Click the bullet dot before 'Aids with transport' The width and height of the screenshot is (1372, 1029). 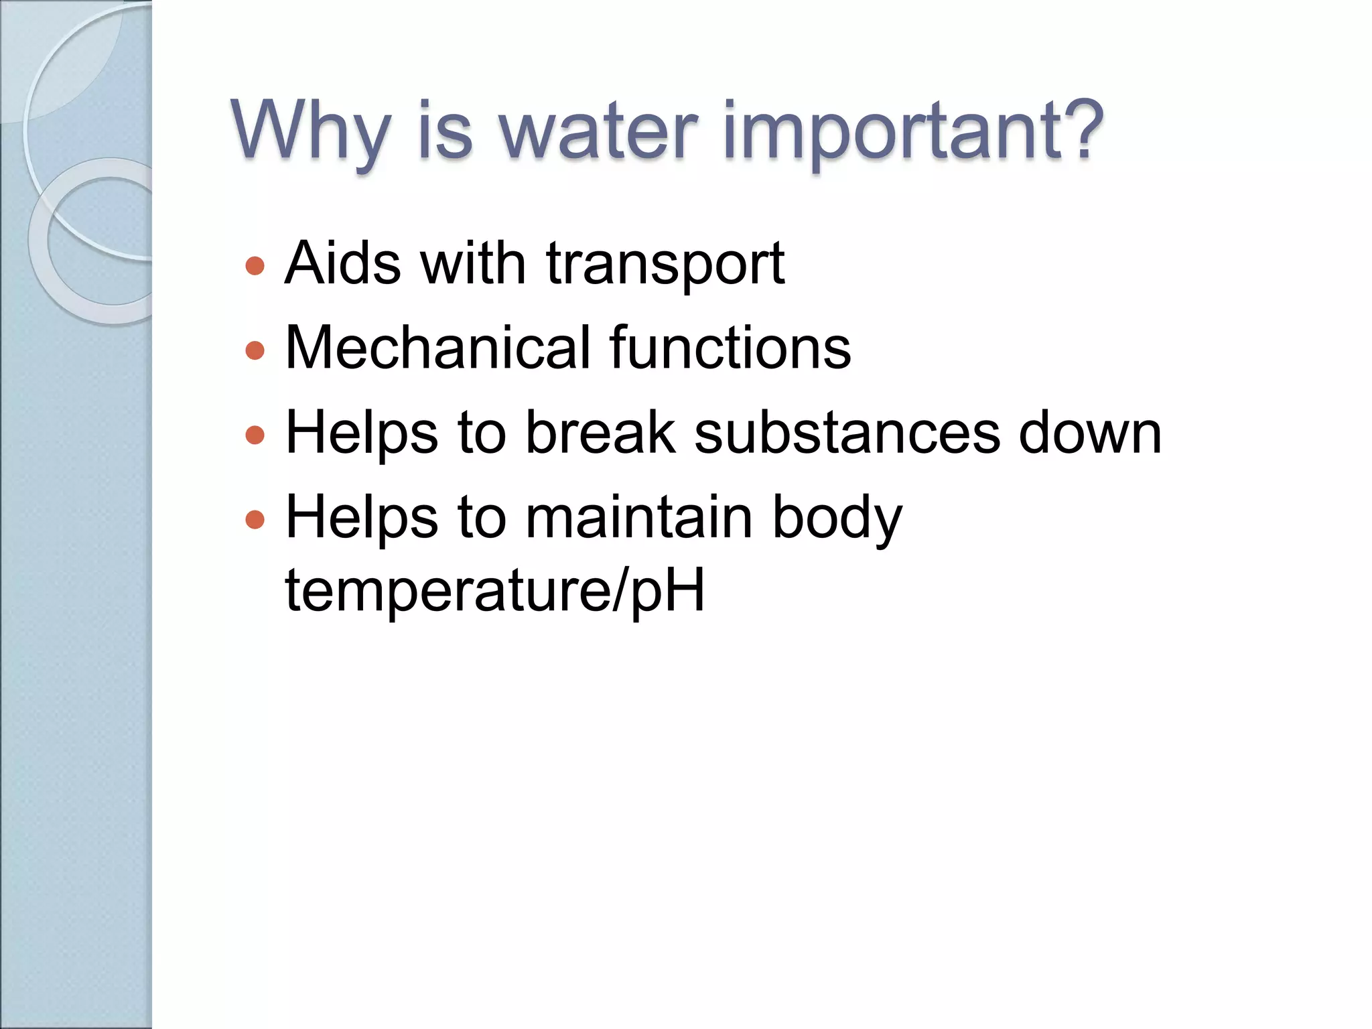click(255, 266)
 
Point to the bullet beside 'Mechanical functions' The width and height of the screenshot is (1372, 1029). click(255, 350)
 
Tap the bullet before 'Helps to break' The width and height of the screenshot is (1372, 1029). click(255, 435)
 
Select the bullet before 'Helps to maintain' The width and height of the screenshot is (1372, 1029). click(255, 520)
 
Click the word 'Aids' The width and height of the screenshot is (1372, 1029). click(342, 263)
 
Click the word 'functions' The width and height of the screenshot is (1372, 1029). click(730, 348)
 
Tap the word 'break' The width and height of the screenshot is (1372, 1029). click(600, 433)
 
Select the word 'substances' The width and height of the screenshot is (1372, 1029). click(847, 433)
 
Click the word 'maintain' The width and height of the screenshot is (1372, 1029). click(639, 517)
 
